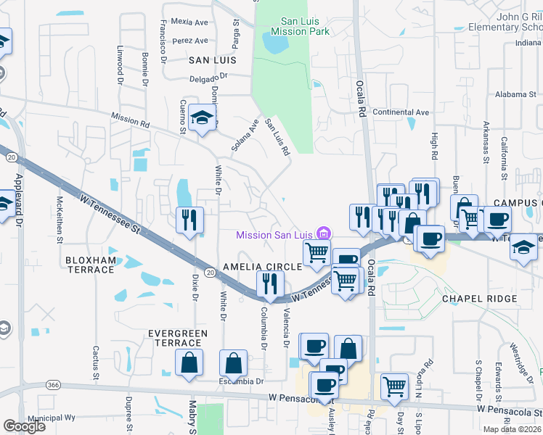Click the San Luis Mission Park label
300,27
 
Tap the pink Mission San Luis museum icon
324,233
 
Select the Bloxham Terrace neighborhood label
90,265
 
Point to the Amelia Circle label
263,267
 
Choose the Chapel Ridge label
480,299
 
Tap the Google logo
25,426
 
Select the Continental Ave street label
401,112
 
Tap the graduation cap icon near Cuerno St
203,116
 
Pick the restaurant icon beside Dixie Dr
189,218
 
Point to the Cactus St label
96,363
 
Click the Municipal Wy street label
52,418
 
